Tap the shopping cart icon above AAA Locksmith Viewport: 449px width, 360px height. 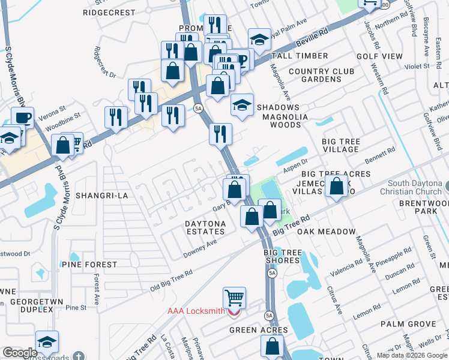(x=234, y=297)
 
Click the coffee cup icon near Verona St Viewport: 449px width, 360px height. (x=23, y=117)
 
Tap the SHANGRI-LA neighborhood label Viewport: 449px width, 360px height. (x=98, y=196)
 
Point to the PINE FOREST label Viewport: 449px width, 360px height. (x=89, y=265)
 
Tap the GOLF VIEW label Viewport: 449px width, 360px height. (x=379, y=56)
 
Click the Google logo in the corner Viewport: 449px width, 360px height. (x=20, y=352)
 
